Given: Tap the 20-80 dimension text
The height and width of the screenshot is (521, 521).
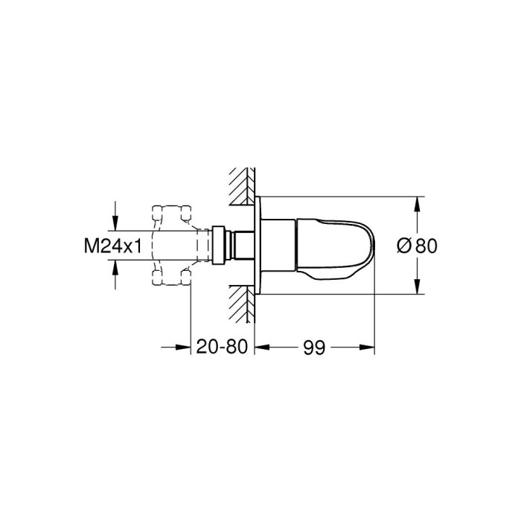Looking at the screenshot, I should pyautogui.click(x=223, y=348).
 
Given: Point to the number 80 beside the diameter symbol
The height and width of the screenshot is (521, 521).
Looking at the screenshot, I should pyautogui.click(x=425, y=246).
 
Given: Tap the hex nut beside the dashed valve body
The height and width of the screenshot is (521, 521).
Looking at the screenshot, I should pyautogui.click(x=217, y=245).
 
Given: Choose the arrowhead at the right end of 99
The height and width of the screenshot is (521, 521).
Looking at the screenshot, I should pyautogui.click(x=368, y=348).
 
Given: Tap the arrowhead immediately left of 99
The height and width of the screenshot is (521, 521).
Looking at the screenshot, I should pyautogui.click(x=262, y=348).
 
